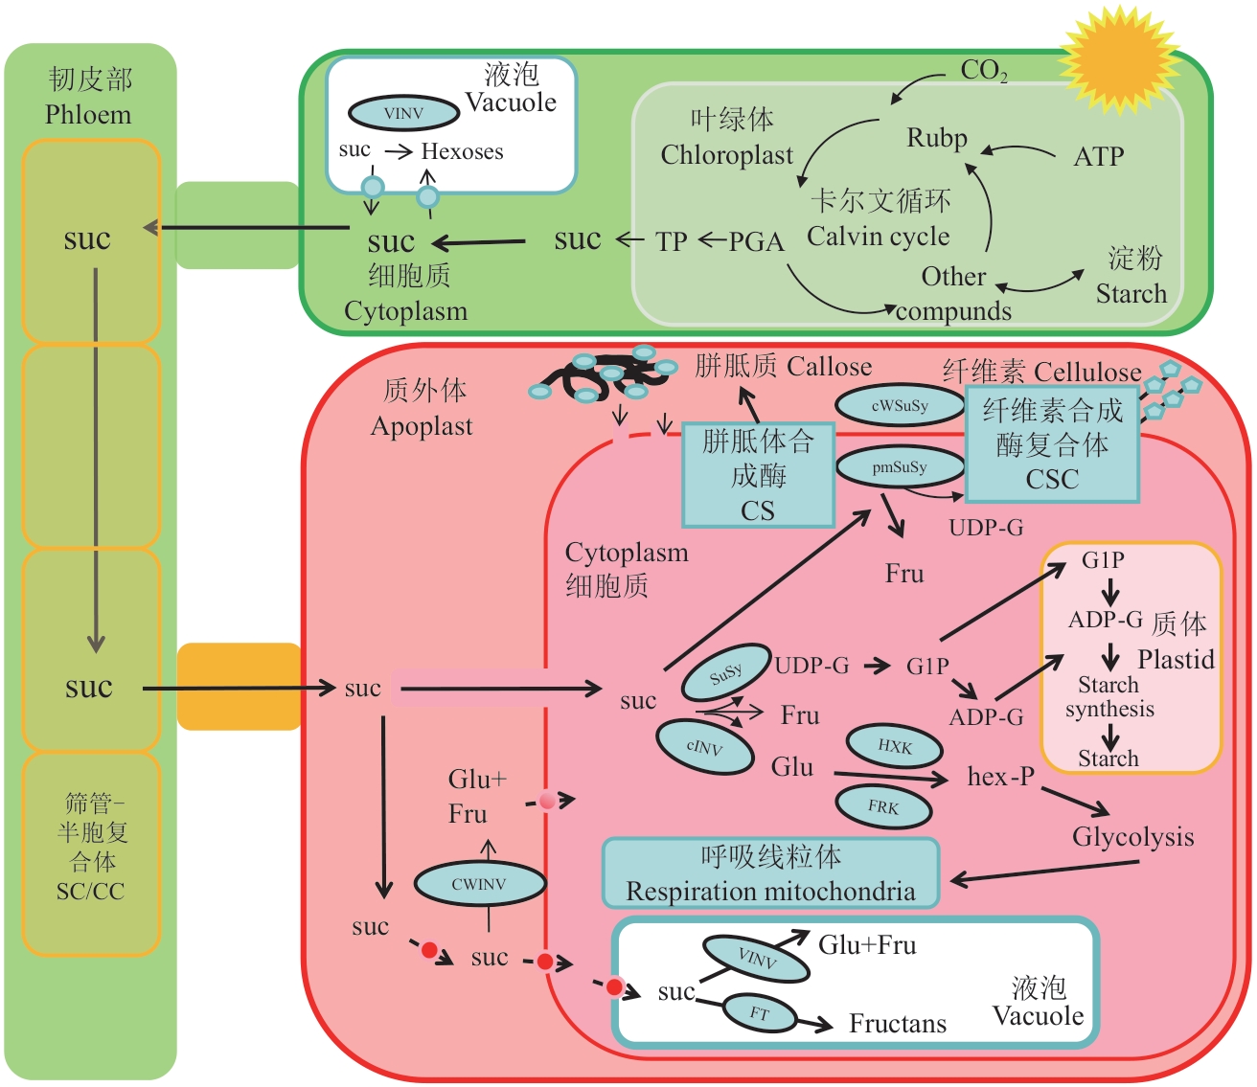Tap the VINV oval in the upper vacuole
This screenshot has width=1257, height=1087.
(x=403, y=113)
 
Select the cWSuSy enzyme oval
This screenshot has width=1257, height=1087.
(x=899, y=405)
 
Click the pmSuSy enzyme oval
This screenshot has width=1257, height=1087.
(x=899, y=467)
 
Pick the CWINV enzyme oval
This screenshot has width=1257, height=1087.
(x=479, y=884)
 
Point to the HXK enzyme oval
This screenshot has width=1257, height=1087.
(x=894, y=747)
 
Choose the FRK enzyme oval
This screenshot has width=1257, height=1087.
(x=883, y=807)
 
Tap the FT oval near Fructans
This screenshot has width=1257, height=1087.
(x=760, y=1013)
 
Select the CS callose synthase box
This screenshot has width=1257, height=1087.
(x=758, y=476)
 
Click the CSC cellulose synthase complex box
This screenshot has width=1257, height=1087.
(x=1052, y=444)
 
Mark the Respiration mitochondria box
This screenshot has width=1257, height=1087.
(x=770, y=873)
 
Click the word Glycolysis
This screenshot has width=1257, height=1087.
(x=1132, y=837)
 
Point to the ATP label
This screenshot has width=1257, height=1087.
(x=1098, y=156)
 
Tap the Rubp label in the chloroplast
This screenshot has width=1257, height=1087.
(x=937, y=138)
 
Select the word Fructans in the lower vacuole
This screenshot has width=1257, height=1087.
(x=897, y=1024)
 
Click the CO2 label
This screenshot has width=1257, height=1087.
(x=983, y=70)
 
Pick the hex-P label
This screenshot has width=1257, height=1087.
(x=1000, y=777)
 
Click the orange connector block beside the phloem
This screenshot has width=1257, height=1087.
(x=239, y=687)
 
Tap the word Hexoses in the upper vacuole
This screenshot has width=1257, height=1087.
(x=462, y=151)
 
